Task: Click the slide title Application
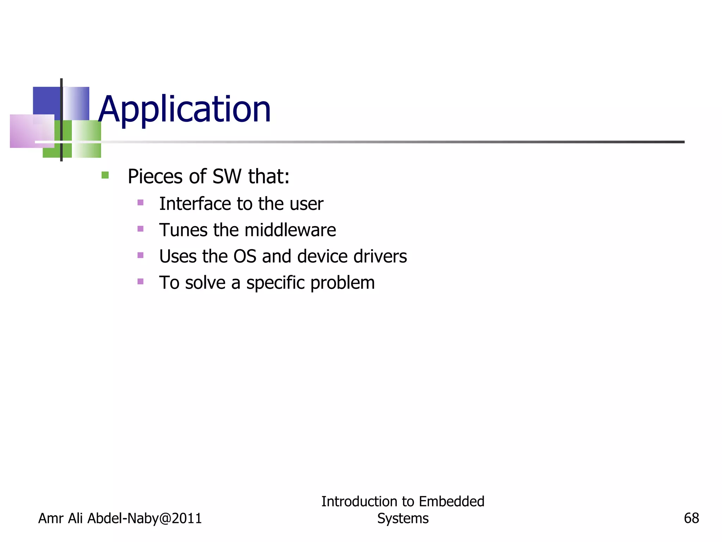pos(184,109)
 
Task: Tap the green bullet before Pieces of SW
pos(105,175)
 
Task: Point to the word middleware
pos(290,230)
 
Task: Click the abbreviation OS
pos(245,256)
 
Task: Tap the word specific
pos(275,283)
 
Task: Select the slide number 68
pos(691,518)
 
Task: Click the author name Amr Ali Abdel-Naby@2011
pos(120,518)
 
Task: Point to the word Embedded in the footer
pos(452,501)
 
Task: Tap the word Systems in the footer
pos(403,518)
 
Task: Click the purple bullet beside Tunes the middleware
pos(140,229)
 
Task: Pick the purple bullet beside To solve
pos(140,281)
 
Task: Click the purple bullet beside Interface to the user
pos(140,203)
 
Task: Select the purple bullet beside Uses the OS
pos(140,255)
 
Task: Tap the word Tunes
pos(183,230)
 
